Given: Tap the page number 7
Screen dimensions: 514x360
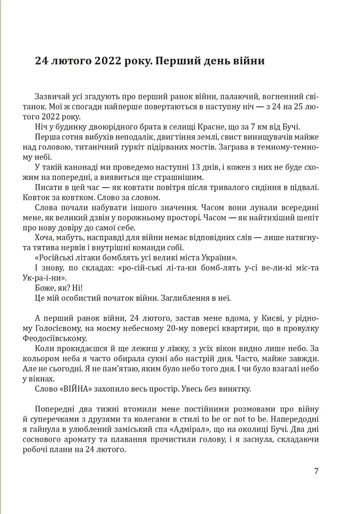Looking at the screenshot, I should pyautogui.click(x=316, y=471).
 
